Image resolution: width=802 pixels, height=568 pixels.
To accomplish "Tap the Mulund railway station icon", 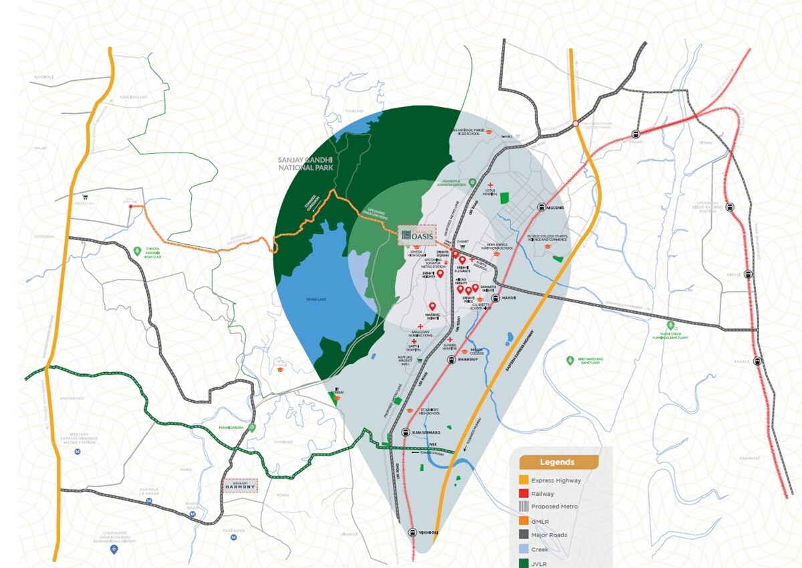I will (x=541, y=208).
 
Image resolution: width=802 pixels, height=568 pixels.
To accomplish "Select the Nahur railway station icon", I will (x=495, y=298).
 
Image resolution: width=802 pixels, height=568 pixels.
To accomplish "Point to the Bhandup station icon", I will (x=451, y=361).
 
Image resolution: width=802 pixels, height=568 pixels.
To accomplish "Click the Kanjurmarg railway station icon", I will (x=406, y=432).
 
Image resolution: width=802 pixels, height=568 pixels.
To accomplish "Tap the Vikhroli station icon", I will (x=412, y=533).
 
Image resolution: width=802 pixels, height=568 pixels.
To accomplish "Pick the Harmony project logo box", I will (x=239, y=486).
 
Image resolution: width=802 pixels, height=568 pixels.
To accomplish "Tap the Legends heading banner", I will (x=557, y=462).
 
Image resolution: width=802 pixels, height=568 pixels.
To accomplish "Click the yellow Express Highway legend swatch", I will (x=523, y=480).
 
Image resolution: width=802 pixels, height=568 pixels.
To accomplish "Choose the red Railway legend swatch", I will (x=523, y=494).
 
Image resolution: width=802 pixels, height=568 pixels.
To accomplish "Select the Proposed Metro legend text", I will (x=554, y=507).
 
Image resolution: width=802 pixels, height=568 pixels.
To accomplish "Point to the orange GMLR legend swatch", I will (x=523, y=520).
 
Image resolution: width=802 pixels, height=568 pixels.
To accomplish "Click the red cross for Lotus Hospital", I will (x=491, y=185).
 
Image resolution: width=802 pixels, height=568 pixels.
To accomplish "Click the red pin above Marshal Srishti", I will (x=432, y=307).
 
